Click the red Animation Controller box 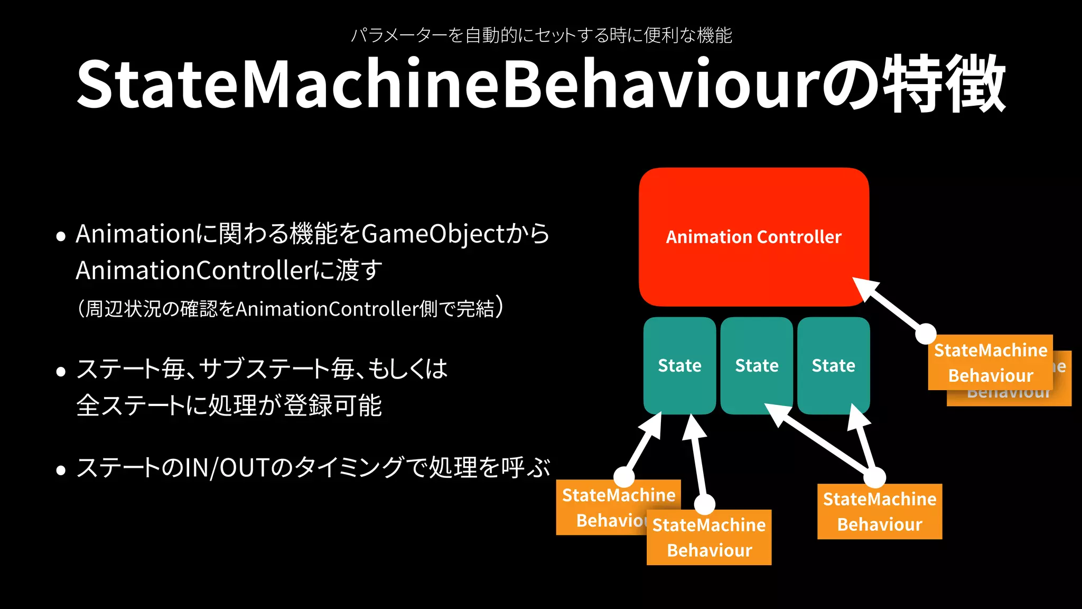[x=754, y=237]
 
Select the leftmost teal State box [x=679, y=365]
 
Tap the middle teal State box [x=757, y=365]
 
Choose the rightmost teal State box [x=833, y=365]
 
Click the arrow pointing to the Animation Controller [x=893, y=307]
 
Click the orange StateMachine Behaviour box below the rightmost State [x=879, y=512]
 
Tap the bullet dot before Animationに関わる [x=61, y=236]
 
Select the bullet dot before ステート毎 [x=61, y=372]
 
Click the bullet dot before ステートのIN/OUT [x=61, y=470]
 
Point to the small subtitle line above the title [x=541, y=35]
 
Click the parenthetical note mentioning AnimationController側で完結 [x=291, y=309]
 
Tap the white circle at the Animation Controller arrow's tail [x=926, y=334]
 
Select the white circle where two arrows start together [x=875, y=478]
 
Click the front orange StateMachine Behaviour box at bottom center [x=708, y=538]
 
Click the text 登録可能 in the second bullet [x=333, y=406]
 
